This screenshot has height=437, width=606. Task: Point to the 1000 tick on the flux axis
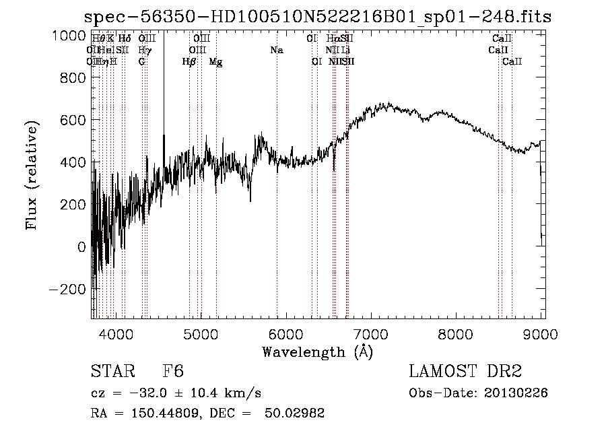[x=69, y=36]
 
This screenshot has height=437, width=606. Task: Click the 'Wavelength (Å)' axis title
[x=316, y=351]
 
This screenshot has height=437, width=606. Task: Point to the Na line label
[x=277, y=50]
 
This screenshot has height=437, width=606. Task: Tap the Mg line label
[x=215, y=62]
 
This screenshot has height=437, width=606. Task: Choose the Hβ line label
[x=189, y=62]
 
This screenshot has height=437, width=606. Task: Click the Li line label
[x=345, y=50]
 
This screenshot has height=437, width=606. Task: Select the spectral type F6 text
[x=173, y=372]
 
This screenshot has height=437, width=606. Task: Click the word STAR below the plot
[x=111, y=372]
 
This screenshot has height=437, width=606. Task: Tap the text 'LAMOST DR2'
[x=465, y=372]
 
